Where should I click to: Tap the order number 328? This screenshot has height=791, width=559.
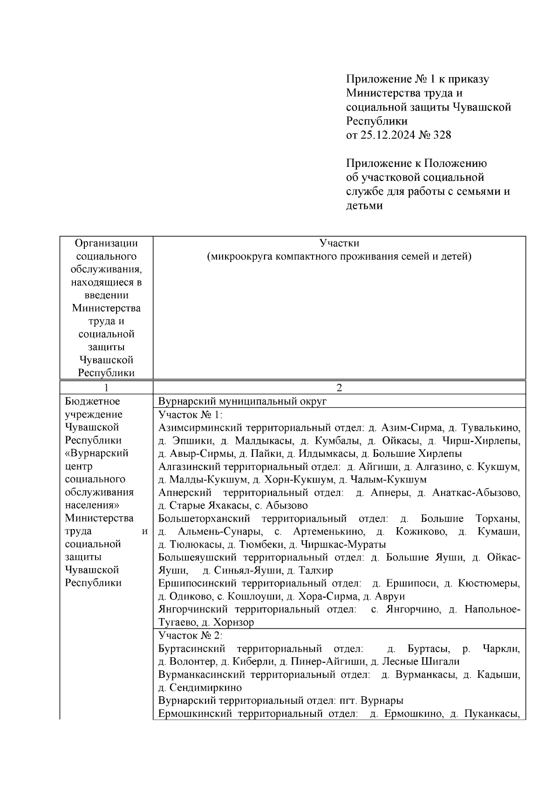tap(442, 135)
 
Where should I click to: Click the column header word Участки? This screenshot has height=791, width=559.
tap(339, 243)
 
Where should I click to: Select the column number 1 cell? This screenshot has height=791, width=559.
tap(107, 388)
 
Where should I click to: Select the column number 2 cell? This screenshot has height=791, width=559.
tap(339, 388)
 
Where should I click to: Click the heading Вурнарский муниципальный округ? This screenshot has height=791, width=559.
tap(243, 402)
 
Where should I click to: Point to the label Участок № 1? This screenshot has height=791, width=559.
tap(191, 415)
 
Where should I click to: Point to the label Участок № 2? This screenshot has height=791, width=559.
tap(191, 635)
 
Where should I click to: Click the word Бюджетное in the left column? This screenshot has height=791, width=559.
tap(93, 402)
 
